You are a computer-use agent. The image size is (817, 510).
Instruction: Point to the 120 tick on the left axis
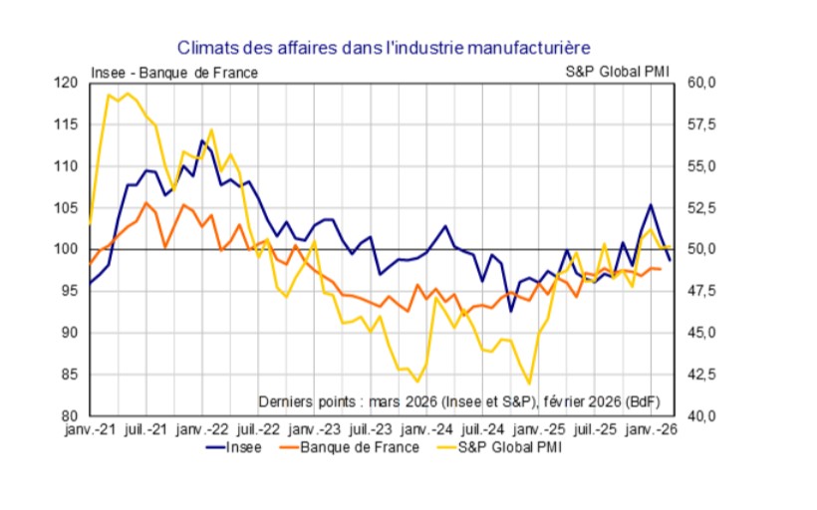[x=68, y=82]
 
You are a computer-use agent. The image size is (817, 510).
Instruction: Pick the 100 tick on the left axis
[x=68, y=249]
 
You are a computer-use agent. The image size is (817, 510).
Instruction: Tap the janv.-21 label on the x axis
[x=90, y=430]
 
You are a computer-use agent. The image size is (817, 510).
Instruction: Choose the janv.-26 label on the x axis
[x=653, y=430]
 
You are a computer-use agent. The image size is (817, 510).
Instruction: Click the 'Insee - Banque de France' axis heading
[x=174, y=73]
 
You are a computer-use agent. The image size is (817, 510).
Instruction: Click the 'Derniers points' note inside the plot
[x=458, y=401]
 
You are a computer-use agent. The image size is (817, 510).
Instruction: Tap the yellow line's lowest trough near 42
[x=529, y=383]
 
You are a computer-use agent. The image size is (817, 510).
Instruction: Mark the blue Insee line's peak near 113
[x=201, y=140]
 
